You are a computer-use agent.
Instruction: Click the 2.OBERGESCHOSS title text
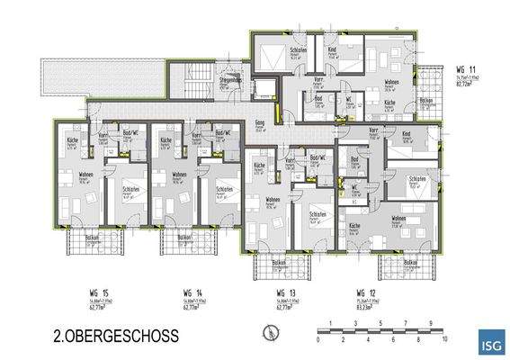coord(114,336)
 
